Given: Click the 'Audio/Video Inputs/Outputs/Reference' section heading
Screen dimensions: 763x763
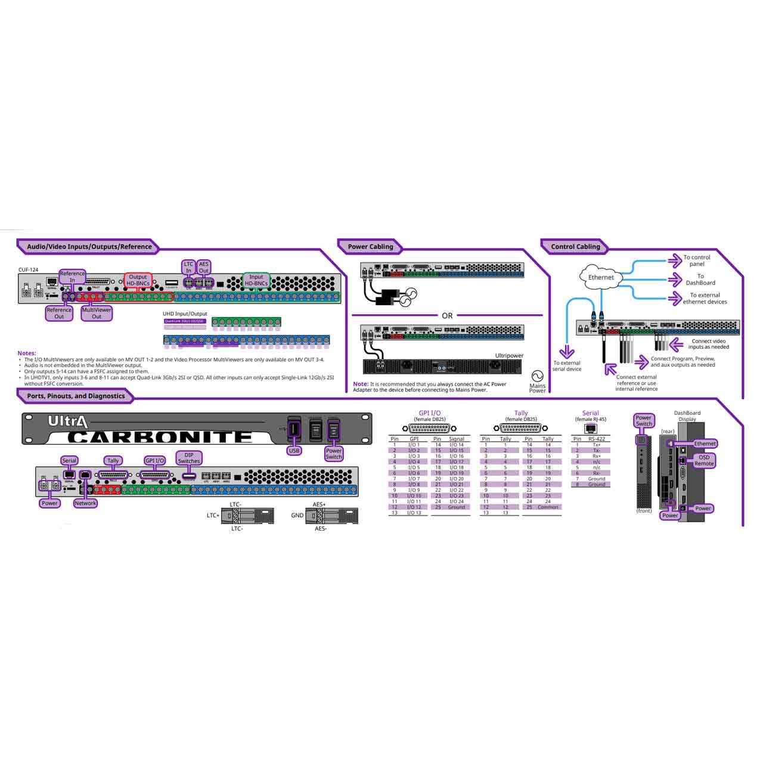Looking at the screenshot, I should click(89, 247).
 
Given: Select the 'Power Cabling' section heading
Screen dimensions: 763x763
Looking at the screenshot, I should click(370, 247).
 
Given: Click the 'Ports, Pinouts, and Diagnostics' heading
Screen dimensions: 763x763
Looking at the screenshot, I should click(76, 396).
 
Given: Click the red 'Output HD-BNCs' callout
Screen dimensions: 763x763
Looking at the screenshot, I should click(138, 280).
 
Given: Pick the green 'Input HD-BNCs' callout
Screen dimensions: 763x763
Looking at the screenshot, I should click(256, 280).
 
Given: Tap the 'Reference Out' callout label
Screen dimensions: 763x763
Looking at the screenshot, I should click(59, 313).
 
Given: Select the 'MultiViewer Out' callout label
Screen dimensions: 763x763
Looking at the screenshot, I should click(97, 313).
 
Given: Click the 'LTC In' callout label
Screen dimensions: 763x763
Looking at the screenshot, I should click(188, 267).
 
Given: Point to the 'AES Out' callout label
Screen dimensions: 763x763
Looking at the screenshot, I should click(204, 267).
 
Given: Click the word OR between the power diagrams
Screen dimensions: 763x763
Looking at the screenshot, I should click(447, 315).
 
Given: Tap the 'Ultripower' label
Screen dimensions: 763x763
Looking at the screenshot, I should click(509, 356).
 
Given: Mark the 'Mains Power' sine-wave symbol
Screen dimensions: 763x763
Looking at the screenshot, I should click(537, 376).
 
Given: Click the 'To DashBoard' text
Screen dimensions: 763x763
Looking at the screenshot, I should click(700, 280).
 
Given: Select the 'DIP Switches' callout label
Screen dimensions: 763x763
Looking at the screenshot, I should click(189, 458).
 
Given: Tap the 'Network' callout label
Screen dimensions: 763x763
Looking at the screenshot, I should click(85, 503).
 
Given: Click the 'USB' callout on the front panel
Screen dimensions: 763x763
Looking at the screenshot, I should click(294, 451).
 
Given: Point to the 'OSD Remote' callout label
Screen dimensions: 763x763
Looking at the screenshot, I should click(704, 460).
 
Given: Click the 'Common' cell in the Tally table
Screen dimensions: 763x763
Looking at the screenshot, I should click(548, 507).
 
